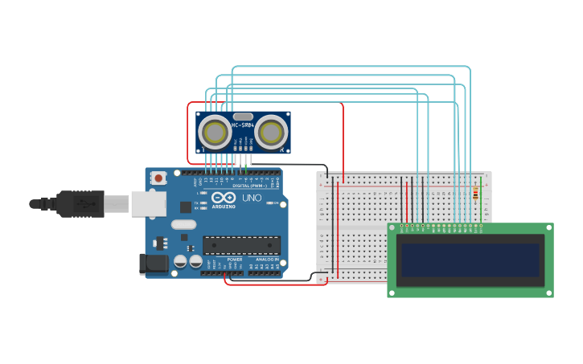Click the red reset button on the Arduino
pyautogui.click(x=158, y=178)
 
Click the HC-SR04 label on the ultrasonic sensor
pyautogui.click(x=243, y=125)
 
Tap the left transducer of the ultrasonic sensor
pyautogui.click(x=215, y=132)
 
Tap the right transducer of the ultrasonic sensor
pyautogui.click(x=272, y=132)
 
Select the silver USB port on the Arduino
pyautogui.click(x=148, y=203)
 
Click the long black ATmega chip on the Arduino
pyautogui.click(x=241, y=244)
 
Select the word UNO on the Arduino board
pyautogui.click(x=252, y=198)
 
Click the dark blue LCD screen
pyautogui.click(x=470, y=260)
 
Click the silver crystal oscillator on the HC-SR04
pyautogui.click(x=243, y=117)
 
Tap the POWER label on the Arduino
pyautogui.click(x=235, y=260)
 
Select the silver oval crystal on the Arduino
pyautogui.click(x=183, y=224)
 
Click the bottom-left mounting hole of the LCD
pyautogui.click(x=392, y=292)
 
